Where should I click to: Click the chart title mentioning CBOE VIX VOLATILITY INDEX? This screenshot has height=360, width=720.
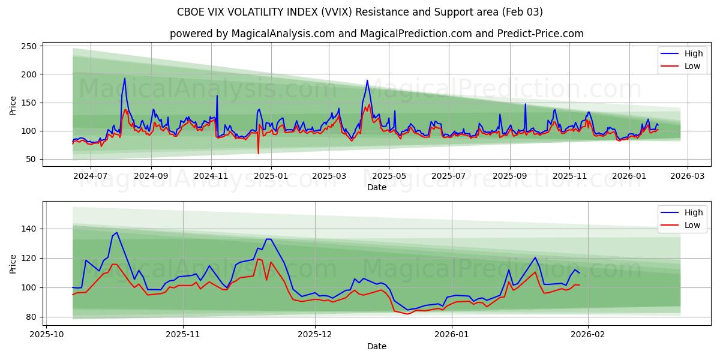[x=360, y=12]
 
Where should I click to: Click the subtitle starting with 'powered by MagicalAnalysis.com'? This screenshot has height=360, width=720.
[x=376, y=34]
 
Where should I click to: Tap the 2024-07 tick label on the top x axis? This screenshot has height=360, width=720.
[x=90, y=176]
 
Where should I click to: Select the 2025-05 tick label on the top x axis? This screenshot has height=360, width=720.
[x=389, y=176]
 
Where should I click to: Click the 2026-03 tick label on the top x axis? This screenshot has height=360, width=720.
[x=687, y=176]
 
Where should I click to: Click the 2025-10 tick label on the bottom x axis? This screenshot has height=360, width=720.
[x=46, y=334]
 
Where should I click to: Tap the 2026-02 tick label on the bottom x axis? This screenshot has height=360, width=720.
[x=588, y=334]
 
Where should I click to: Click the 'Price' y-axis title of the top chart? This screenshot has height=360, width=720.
[x=13, y=106]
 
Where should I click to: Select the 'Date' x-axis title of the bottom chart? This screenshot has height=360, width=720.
[x=376, y=346]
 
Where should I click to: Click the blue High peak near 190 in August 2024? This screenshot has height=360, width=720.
[x=125, y=79]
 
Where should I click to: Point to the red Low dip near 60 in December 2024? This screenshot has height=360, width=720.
[x=259, y=153]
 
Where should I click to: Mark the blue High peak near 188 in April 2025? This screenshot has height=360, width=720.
[x=367, y=80]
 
